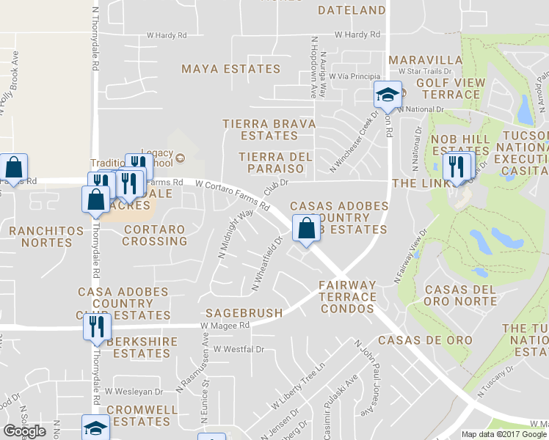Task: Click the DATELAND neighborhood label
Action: (x=352, y=10)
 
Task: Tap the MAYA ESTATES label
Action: (x=231, y=69)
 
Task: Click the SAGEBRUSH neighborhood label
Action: (x=244, y=313)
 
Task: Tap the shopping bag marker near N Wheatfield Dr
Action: (x=306, y=228)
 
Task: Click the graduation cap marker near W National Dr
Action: (x=387, y=95)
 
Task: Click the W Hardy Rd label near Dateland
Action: (x=357, y=34)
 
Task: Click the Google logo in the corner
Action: (x=24, y=431)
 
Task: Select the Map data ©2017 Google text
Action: (x=503, y=434)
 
